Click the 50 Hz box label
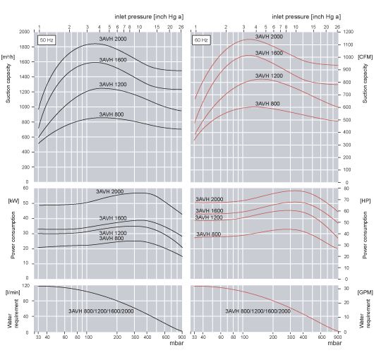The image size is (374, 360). (x=47, y=40)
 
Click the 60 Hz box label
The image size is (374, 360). (x=201, y=40)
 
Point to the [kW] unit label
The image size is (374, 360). (x=12, y=201)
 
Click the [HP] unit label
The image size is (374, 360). (x=365, y=201)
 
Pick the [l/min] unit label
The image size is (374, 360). (x=11, y=291)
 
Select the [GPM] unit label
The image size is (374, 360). (x=365, y=291)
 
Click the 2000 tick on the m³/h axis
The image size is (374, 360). (x=25, y=32)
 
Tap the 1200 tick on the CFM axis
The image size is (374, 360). (x=348, y=32)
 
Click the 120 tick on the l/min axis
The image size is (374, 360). (x=26, y=286)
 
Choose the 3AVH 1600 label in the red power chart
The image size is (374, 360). (x=209, y=210)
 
